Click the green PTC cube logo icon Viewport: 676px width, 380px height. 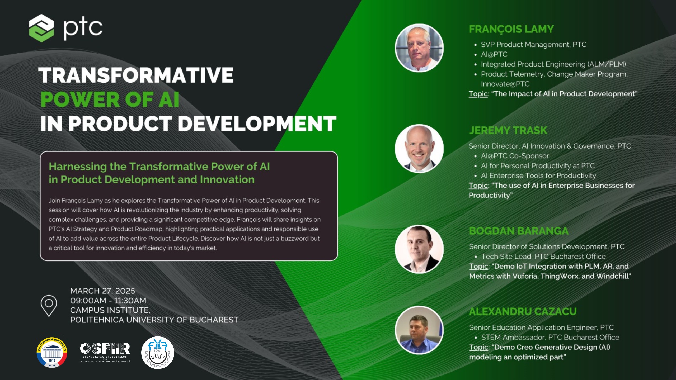click(x=41, y=28)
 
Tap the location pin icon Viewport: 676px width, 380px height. click(x=49, y=306)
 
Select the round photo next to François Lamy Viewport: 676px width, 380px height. click(x=419, y=48)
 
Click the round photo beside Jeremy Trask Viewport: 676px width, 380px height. click(x=419, y=149)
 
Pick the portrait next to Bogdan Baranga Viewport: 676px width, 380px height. click(x=419, y=249)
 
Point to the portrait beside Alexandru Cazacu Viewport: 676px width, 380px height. click(x=419, y=330)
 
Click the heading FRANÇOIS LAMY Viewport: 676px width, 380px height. click(x=511, y=29)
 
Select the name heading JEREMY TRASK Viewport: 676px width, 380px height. click(x=508, y=130)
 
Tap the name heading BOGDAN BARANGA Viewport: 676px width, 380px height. click(x=519, y=231)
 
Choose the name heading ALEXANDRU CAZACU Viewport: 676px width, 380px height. click(x=523, y=312)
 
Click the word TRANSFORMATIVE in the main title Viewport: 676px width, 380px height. click(x=136, y=75)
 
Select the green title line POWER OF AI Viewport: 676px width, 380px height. click(x=110, y=99)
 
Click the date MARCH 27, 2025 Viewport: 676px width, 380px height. click(x=102, y=291)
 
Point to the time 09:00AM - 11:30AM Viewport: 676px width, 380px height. click(x=108, y=301)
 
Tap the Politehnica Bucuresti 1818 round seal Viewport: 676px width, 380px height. click(x=52, y=352)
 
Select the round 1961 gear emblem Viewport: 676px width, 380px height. click(x=158, y=352)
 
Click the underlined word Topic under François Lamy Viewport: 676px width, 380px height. click(x=478, y=94)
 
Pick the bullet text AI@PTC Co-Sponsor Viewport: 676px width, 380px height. click(x=515, y=156)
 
